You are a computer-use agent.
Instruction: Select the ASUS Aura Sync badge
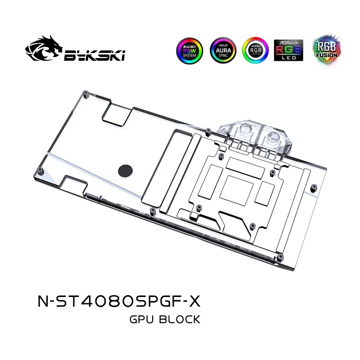click(x=221, y=51)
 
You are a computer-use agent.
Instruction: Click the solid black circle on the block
click(x=125, y=170)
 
